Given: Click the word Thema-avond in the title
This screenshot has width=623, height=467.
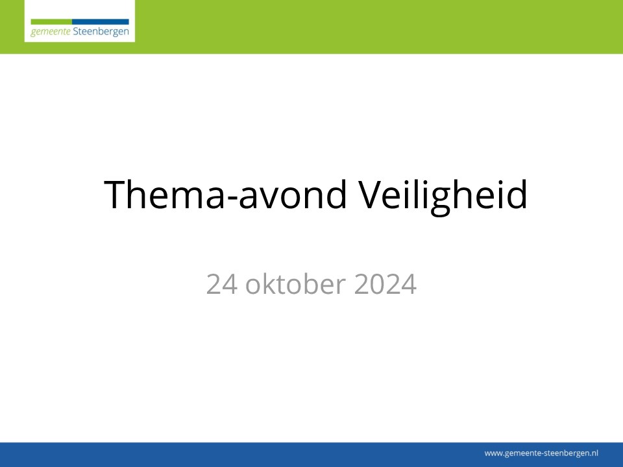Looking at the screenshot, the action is [225, 194].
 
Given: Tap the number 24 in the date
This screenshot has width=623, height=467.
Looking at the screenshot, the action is [222, 284].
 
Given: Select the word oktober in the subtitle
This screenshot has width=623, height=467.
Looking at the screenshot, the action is [296, 283].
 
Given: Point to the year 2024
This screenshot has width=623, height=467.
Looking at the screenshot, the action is [385, 284].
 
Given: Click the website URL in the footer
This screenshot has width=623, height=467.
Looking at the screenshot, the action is [541, 453].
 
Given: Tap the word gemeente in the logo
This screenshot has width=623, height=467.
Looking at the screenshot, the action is [51, 32].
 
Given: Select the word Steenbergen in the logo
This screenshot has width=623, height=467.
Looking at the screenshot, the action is [101, 32].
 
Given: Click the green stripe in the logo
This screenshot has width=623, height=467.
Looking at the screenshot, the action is [51, 21].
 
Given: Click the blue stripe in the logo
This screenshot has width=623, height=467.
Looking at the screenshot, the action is [101, 21].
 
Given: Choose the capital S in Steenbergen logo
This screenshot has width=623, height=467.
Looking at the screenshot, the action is [76, 31].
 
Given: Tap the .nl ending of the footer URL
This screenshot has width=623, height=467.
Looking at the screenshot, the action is [593, 453].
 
